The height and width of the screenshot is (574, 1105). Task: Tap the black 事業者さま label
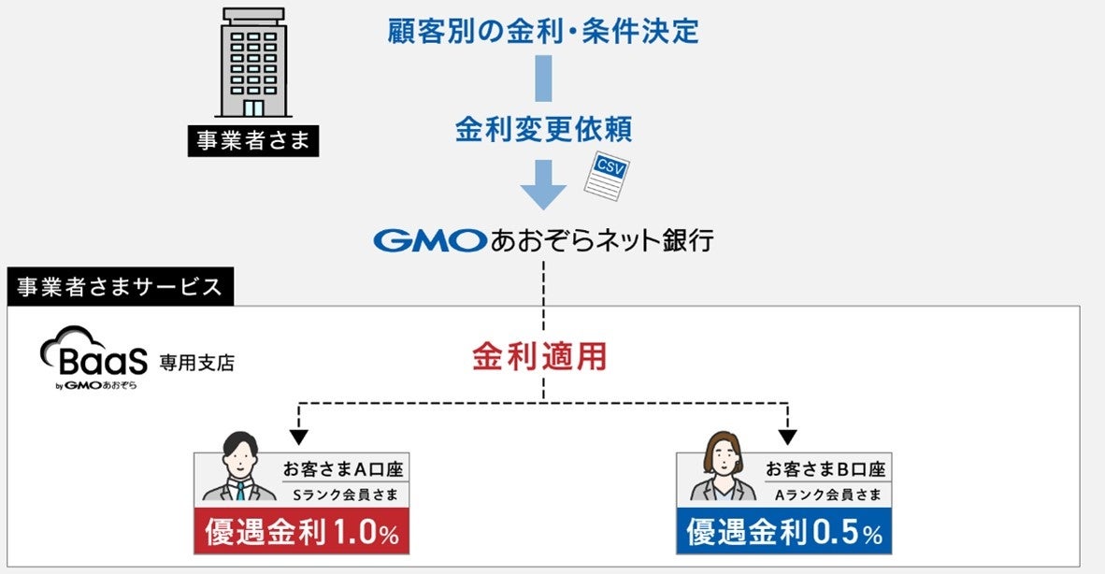pyautogui.click(x=252, y=140)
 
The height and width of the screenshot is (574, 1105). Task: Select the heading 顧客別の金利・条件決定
pyautogui.click(x=543, y=32)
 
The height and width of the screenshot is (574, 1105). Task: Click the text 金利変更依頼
pyautogui.click(x=542, y=129)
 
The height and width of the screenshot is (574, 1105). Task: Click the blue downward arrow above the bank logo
pyautogui.click(x=543, y=184)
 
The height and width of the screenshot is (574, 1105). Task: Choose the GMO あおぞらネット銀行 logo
pyautogui.click(x=543, y=240)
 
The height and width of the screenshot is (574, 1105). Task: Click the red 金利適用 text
pyautogui.click(x=539, y=356)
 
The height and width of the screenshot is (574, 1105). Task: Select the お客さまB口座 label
pyautogui.click(x=825, y=469)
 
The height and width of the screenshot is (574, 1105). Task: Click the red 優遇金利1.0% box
pyautogui.click(x=302, y=533)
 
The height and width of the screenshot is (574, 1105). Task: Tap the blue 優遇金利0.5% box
pyautogui.click(x=784, y=533)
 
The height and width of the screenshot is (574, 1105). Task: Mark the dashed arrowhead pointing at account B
pyautogui.click(x=787, y=437)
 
